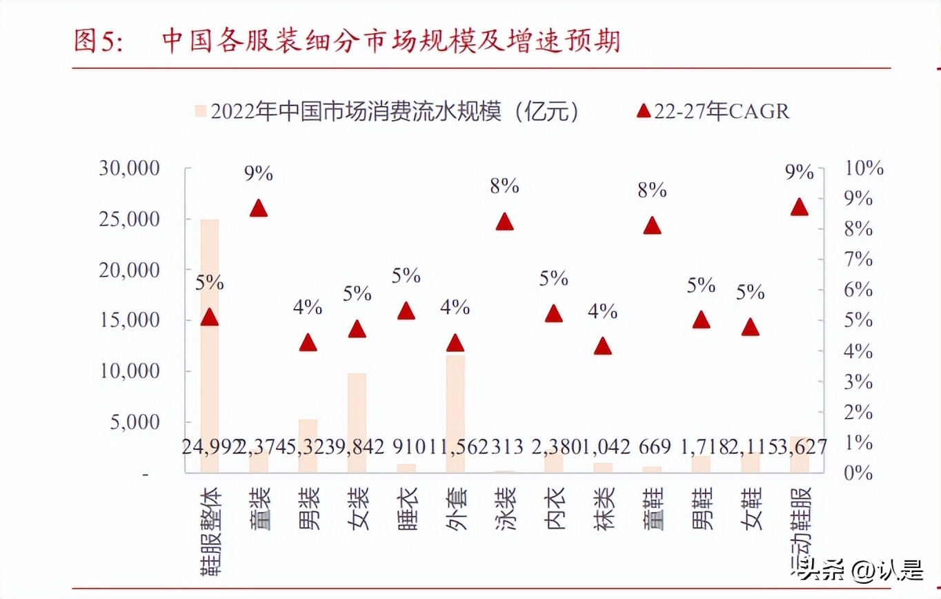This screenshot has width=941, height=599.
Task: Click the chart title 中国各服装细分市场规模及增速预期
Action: click(390, 41)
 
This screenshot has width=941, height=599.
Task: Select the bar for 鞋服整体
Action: click(210, 345)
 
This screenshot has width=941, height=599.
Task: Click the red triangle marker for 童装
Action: click(259, 208)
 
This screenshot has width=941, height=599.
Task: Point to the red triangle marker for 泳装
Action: click(505, 222)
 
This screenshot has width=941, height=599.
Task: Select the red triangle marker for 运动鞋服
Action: click(800, 207)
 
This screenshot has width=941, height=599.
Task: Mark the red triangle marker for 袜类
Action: click(603, 346)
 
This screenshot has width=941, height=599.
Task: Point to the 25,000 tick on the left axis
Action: click(130, 219)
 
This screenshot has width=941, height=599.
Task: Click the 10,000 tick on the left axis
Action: click(130, 371)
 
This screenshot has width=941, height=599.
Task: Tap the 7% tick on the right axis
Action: click(855, 259)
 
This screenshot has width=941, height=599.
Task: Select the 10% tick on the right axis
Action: click(859, 168)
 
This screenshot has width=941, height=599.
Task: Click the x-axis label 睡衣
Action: click(406, 508)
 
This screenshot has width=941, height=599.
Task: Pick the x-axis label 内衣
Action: click(554, 508)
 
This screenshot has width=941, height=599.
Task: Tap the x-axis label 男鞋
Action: click(702, 508)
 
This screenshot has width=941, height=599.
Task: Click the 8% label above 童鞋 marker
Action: click(652, 190)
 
